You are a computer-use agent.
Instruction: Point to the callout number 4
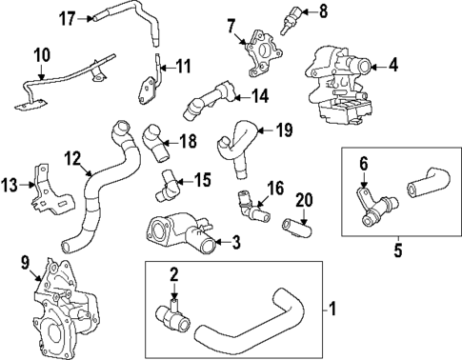(393, 66)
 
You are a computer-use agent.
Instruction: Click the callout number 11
(184, 67)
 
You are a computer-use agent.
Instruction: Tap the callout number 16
(275, 188)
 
